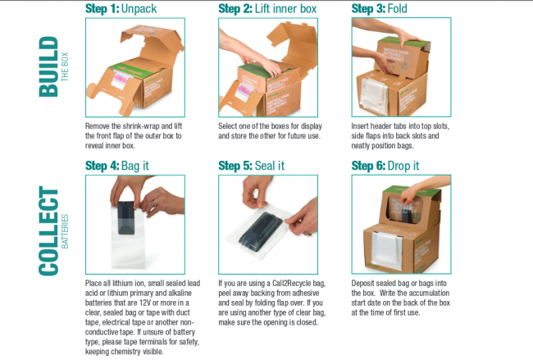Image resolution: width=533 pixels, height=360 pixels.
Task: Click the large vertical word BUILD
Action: (48, 66)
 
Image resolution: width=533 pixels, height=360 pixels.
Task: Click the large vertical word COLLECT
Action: (48, 230)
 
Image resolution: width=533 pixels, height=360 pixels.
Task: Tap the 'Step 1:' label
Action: (102, 8)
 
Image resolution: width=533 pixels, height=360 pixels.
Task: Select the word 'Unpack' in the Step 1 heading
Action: (139, 9)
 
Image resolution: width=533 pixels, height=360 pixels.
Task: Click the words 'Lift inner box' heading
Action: (285, 8)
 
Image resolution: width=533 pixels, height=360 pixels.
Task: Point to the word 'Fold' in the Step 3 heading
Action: (397, 8)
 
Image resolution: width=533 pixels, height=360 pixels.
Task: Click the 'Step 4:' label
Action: (102, 166)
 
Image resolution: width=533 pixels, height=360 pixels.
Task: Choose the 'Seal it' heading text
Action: (270, 166)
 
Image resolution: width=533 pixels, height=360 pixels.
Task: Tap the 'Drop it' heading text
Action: (403, 166)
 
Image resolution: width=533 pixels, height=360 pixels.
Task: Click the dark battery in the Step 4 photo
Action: (126, 217)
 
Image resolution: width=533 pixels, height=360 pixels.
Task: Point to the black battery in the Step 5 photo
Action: (261, 231)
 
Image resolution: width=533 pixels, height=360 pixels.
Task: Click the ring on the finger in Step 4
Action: (153, 204)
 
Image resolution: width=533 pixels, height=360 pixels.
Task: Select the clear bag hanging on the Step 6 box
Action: (387, 250)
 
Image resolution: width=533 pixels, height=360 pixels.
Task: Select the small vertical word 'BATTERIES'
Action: (65, 231)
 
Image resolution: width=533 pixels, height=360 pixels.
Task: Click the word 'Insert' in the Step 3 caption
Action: (360, 126)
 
